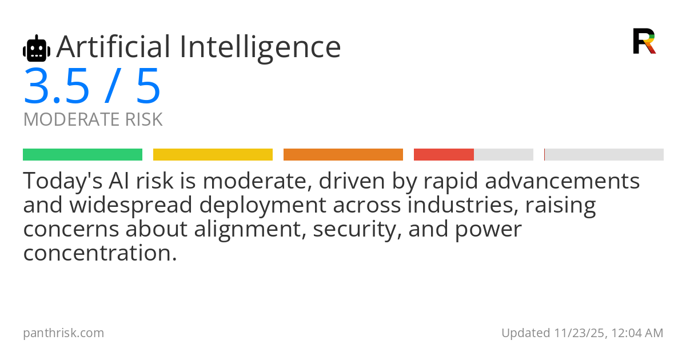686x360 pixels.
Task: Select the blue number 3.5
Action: [x=57, y=87]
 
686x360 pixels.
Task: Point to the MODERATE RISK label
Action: [x=93, y=120]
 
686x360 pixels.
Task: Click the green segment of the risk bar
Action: [x=82, y=155]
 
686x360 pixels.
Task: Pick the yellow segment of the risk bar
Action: [x=213, y=155]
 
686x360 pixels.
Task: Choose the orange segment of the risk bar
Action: [x=343, y=155]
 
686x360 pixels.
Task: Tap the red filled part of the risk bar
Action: [x=444, y=155]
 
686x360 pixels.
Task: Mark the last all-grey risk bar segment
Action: [x=604, y=155]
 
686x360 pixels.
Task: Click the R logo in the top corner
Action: [x=644, y=41]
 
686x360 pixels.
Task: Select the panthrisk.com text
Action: [x=63, y=333]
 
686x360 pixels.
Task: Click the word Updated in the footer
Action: [x=525, y=333]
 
